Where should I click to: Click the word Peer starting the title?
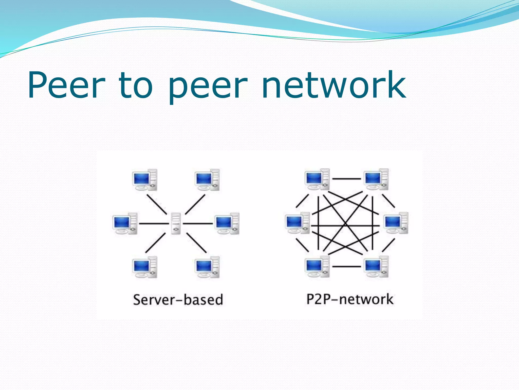click(x=66, y=85)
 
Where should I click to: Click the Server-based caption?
click(x=178, y=300)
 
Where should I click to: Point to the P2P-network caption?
click(x=350, y=299)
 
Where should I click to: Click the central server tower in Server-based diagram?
click(x=176, y=223)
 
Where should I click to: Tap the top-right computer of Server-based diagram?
click(x=207, y=180)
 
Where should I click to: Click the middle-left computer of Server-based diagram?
click(x=125, y=223)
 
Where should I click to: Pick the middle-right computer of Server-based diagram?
click(x=227, y=223)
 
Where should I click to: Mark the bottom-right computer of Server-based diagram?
click(x=207, y=267)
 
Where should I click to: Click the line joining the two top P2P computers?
click(x=347, y=179)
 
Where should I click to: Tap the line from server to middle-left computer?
click(x=154, y=223)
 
